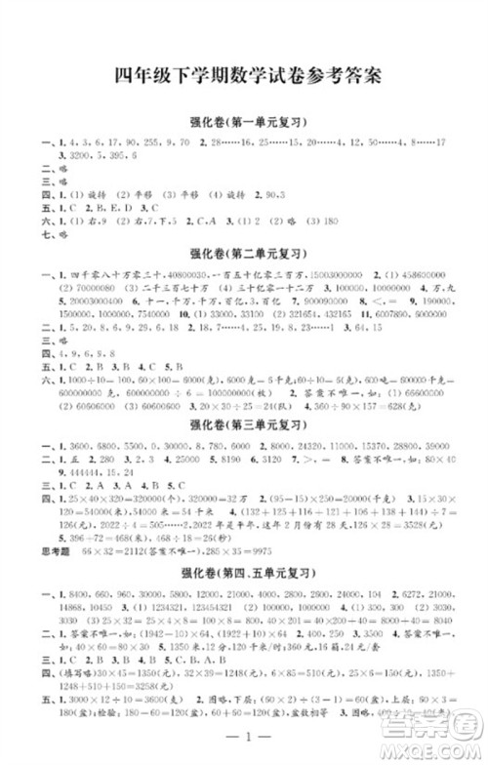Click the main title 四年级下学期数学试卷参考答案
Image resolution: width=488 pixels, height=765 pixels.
[244, 76]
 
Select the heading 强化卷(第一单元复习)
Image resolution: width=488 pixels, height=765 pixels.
[244, 123]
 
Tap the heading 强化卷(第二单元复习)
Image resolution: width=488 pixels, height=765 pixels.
[244, 253]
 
